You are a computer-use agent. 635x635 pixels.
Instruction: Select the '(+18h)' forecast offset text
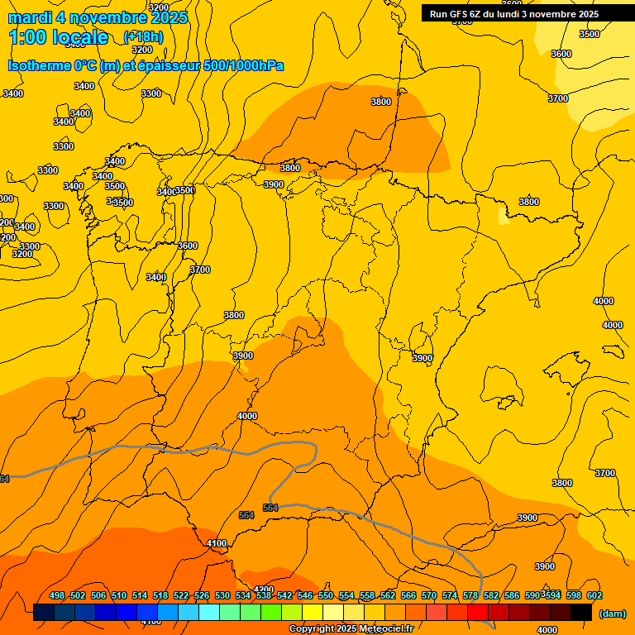tap(143, 36)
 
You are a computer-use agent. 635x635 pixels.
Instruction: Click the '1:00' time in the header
tap(28, 37)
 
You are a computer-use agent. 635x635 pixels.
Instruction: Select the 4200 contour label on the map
tap(264, 590)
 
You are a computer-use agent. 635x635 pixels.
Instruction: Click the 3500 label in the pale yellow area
tap(590, 34)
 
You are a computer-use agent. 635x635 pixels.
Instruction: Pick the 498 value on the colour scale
tap(57, 595)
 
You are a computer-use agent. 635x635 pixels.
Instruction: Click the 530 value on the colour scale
tap(222, 595)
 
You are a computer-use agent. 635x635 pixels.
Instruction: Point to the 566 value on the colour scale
tap(408, 595)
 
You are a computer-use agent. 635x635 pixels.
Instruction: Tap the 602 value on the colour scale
tap(594, 595)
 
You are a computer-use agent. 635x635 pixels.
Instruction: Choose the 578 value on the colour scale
tap(470, 595)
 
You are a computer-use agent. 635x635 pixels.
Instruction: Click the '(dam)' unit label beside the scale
tap(613, 613)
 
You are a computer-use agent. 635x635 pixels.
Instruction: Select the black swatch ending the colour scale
tap(581, 613)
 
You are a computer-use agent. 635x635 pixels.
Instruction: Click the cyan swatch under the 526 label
tap(209, 613)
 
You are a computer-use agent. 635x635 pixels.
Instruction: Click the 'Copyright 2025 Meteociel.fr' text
tap(351, 629)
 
